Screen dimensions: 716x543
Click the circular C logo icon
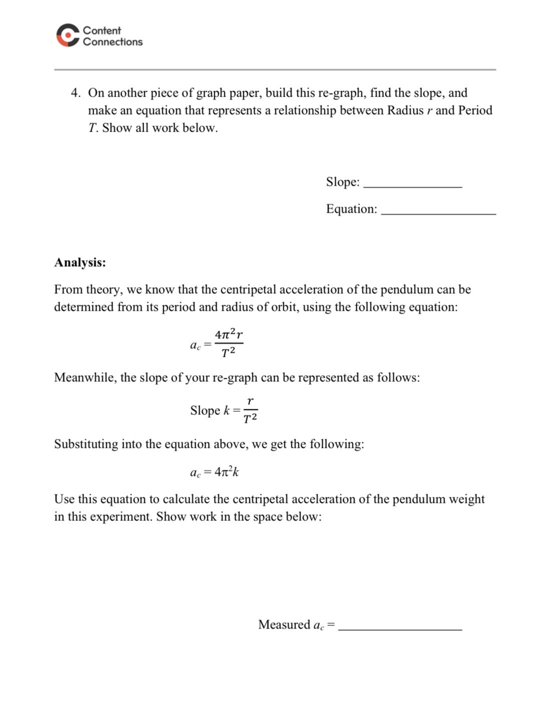click(x=68, y=36)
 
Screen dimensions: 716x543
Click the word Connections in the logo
click(x=113, y=42)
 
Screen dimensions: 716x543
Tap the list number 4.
click(x=75, y=93)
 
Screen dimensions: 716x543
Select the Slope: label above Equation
click(x=343, y=182)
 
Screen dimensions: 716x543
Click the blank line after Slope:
click(x=412, y=186)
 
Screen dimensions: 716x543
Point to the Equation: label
click(x=351, y=209)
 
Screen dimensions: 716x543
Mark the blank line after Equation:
click(x=438, y=213)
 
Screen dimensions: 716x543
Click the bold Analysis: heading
click(x=80, y=263)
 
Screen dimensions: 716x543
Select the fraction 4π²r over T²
click(x=229, y=344)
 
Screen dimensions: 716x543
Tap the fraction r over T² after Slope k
click(x=250, y=410)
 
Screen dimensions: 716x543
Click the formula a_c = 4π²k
click(x=214, y=472)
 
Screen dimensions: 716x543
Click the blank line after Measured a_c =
click(x=400, y=629)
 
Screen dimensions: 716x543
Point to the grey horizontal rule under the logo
click(x=275, y=70)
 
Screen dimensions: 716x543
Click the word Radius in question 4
click(x=405, y=111)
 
